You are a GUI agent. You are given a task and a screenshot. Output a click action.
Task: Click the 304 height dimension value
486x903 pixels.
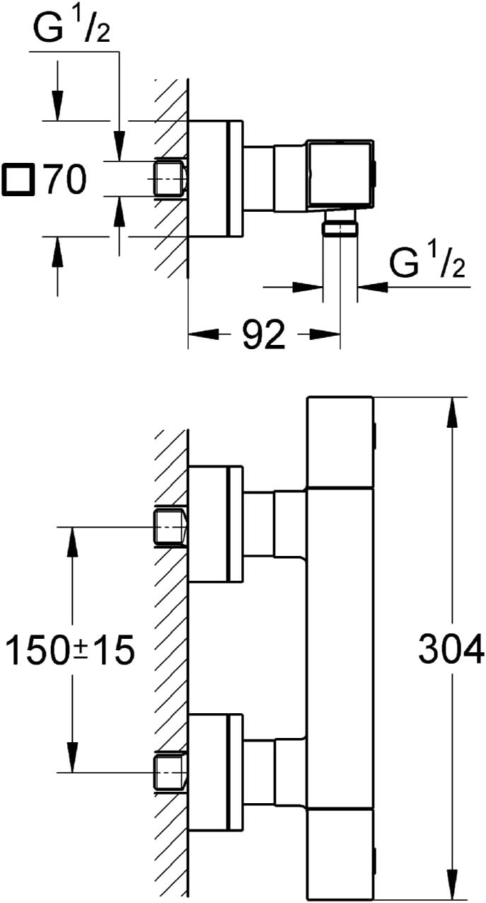coord(451,649)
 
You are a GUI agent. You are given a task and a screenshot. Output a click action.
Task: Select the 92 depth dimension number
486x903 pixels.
coord(264,334)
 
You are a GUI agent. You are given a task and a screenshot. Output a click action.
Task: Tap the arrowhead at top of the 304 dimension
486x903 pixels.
coord(453,412)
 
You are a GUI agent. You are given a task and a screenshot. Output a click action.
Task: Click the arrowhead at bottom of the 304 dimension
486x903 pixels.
coord(453,886)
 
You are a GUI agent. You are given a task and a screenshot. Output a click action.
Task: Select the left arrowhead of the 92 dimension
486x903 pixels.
coord(204,334)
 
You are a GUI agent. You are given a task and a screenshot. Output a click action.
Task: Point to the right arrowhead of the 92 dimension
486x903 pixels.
coord(325,334)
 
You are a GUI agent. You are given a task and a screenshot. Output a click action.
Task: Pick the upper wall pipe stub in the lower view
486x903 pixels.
coord(170,526)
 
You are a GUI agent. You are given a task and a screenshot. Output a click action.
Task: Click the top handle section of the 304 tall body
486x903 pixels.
coord(341,442)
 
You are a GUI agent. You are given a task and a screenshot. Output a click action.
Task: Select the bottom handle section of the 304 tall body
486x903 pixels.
coord(341,856)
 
